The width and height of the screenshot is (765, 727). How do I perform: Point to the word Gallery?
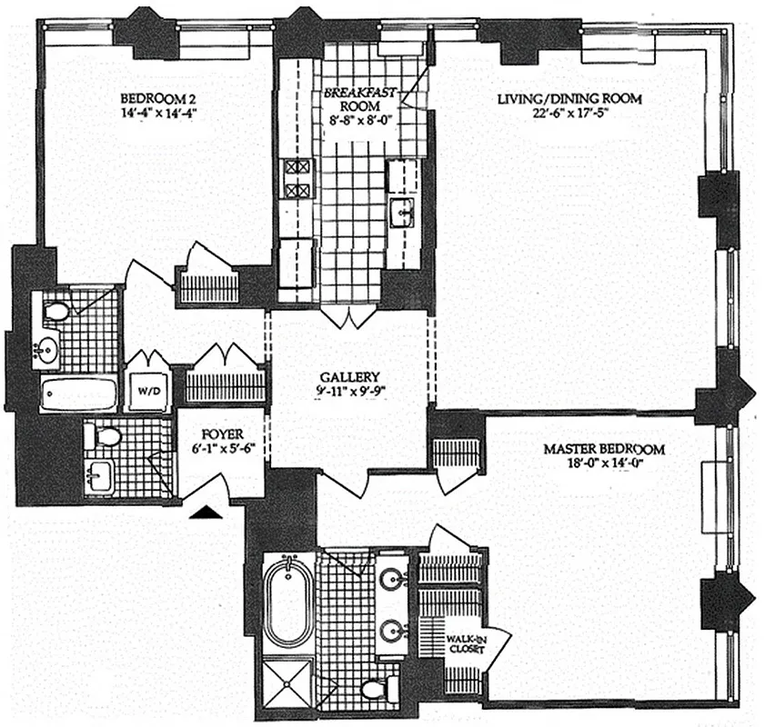coord(348,377)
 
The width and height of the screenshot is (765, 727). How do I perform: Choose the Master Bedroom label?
coord(604,448)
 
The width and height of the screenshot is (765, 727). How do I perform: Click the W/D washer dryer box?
coord(148,393)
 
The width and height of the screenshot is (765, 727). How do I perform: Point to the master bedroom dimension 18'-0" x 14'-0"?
coord(604,464)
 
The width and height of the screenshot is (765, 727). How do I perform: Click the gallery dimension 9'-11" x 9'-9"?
coord(348,393)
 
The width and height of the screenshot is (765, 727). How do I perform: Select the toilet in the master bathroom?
coord(376,689)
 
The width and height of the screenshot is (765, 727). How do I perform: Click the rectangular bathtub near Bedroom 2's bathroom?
coord(78,395)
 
